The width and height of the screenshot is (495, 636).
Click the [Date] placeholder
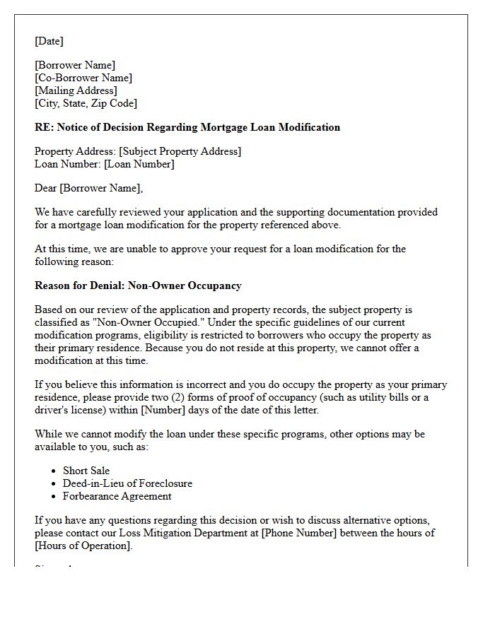click(x=49, y=41)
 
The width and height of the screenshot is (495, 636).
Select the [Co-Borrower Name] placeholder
click(x=83, y=78)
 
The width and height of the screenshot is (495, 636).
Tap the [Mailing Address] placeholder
click(x=76, y=90)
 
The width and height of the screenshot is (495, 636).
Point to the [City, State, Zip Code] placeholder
click(x=86, y=103)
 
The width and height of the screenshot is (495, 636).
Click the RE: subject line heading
click(x=187, y=127)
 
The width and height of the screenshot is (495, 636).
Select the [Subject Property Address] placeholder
click(x=180, y=151)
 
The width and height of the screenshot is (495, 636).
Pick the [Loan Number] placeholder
click(x=139, y=164)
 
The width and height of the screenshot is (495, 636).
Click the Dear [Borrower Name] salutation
click(x=88, y=188)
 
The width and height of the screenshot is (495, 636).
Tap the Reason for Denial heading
click(x=138, y=285)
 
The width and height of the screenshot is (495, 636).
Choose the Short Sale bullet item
click(x=86, y=471)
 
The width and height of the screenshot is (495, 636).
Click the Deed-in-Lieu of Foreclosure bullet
click(x=127, y=483)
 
